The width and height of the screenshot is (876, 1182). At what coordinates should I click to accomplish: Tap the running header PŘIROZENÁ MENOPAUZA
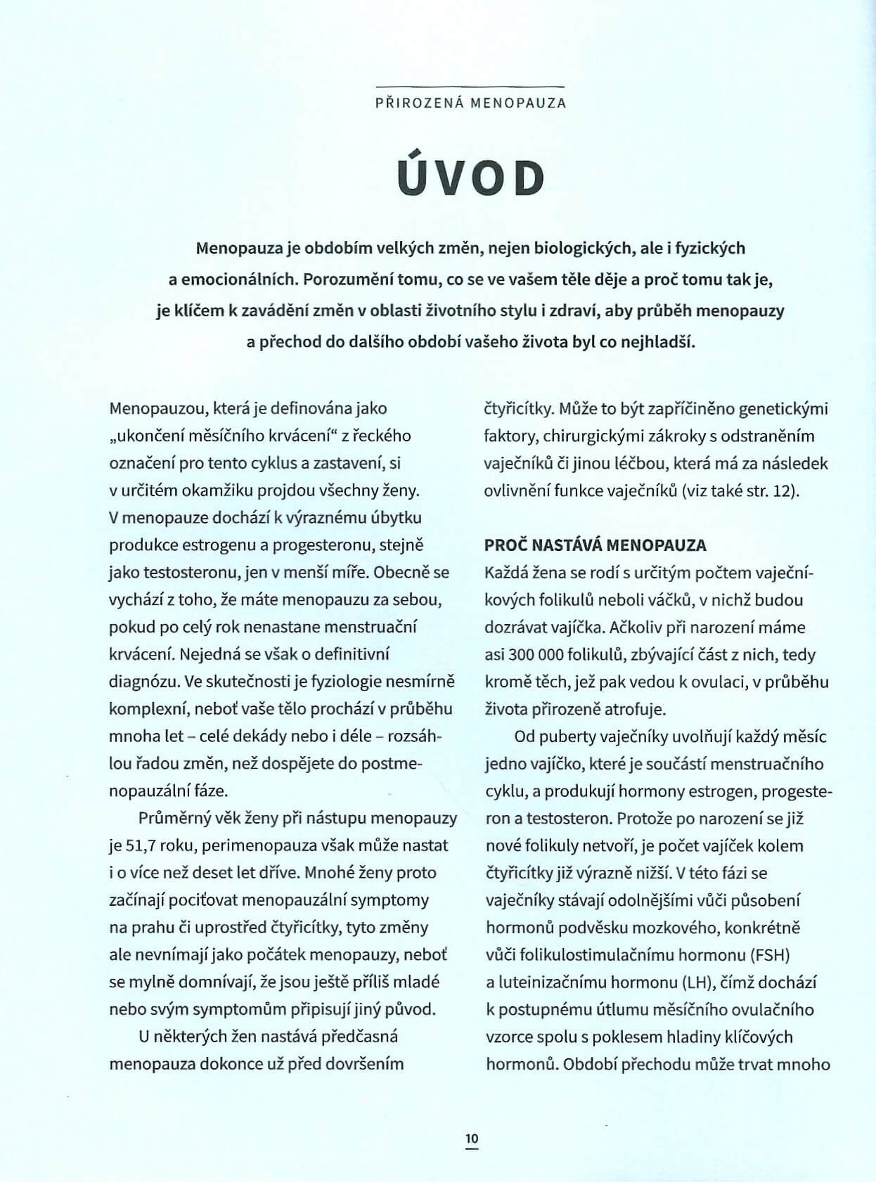pyautogui.click(x=471, y=103)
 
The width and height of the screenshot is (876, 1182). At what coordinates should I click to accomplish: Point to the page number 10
pyautogui.click(x=471, y=1138)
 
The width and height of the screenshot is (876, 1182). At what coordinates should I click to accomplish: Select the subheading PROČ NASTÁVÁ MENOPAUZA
pyautogui.click(x=595, y=545)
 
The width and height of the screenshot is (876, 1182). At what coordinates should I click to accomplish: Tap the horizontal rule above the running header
pyautogui.click(x=471, y=87)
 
